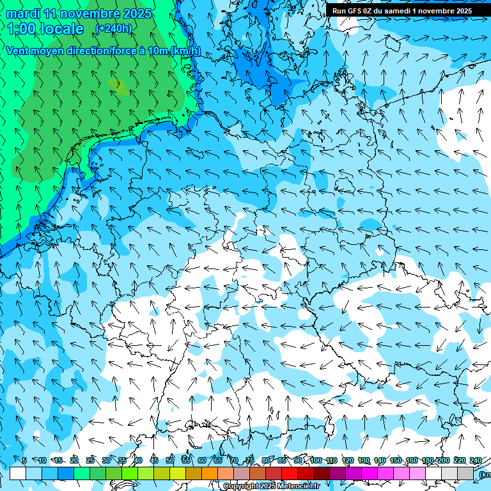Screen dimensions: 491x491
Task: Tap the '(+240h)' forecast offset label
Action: tap(113, 28)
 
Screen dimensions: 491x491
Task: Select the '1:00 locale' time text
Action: tap(45, 29)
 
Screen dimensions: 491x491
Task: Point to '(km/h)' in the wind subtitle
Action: tap(185, 51)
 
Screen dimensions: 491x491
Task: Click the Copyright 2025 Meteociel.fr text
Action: tap(271, 487)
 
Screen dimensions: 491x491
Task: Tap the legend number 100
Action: tap(316, 460)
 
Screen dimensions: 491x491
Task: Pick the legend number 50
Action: tap(170, 460)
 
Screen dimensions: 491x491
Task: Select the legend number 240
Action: tap(475, 460)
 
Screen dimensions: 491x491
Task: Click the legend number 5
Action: tap(24, 460)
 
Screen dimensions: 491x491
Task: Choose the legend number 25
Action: tap(90, 460)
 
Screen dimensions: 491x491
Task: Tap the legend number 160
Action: tap(412, 460)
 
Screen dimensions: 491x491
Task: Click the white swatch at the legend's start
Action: tap(18, 473)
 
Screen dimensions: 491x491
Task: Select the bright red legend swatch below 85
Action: tap(290, 473)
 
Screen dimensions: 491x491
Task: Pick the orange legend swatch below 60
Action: tap(210, 473)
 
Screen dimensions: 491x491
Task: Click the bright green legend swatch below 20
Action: tap(82, 473)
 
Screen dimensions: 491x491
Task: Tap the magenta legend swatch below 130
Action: tap(370, 473)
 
